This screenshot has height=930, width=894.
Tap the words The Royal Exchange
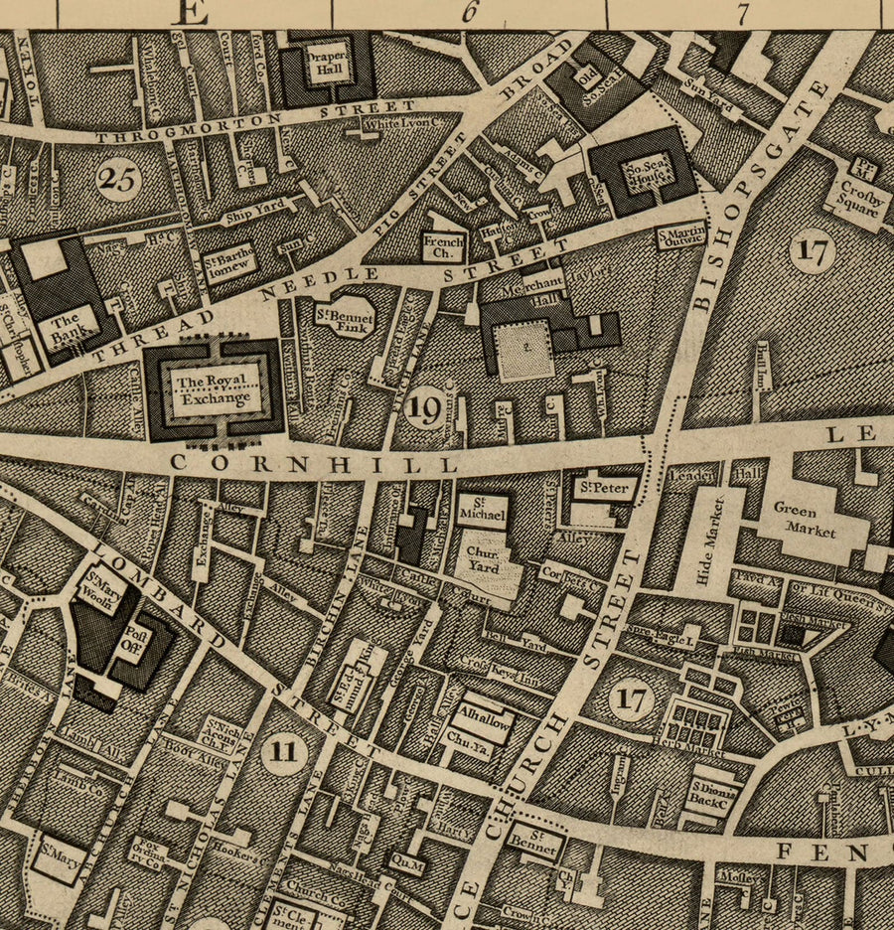(218, 389)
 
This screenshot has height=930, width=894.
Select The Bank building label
(67, 327)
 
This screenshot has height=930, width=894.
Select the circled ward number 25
(119, 180)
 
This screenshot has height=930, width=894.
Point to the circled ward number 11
(283, 751)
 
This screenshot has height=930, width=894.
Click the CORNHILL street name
(314, 463)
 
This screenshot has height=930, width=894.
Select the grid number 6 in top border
(468, 12)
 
